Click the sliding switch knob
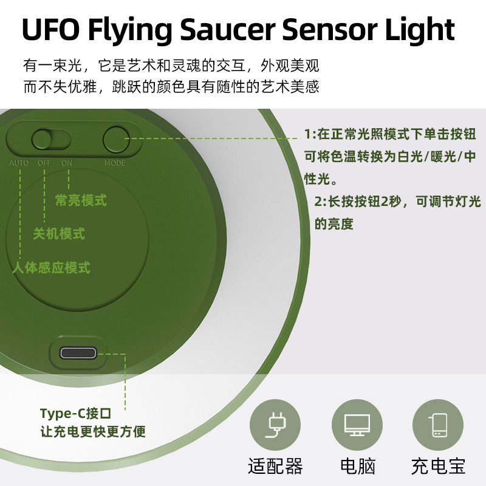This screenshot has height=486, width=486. [x=43, y=140]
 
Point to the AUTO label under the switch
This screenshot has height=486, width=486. [x=19, y=163]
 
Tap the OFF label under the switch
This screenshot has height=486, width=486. [x=44, y=163]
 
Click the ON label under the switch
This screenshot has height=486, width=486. [x=67, y=163]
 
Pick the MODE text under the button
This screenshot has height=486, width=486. [x=115, y=163]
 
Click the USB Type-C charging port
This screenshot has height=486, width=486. [x=78, y=354]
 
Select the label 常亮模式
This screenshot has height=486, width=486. [x=81, y=200]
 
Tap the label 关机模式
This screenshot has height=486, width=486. [x=59, y=234]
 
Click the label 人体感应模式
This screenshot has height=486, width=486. [x=52, y=267]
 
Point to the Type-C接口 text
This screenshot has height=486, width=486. [x=76, y=414]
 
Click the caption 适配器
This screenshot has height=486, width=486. [x=276, y=467]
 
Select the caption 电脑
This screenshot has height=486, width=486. [x=357, y=467]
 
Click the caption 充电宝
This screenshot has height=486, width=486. [x=438, y=467]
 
